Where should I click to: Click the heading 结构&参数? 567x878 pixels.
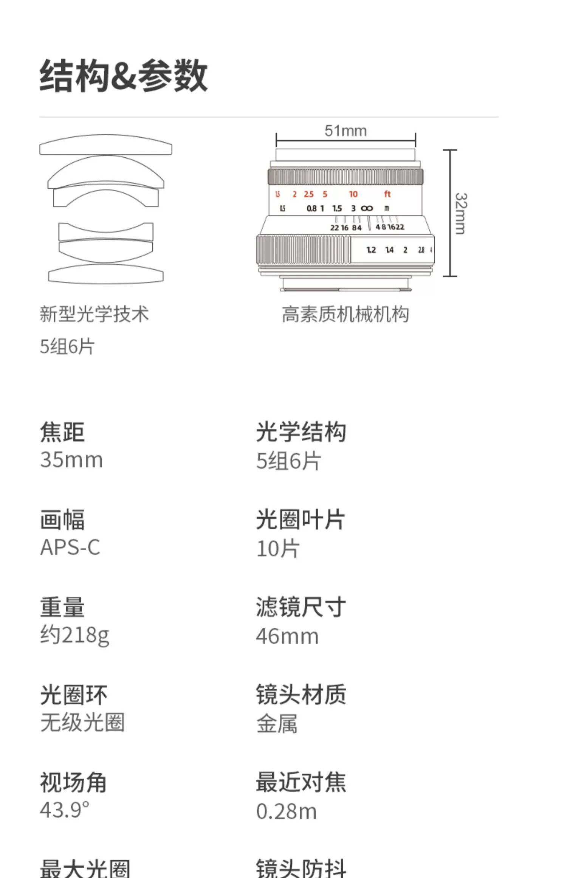point(124,76)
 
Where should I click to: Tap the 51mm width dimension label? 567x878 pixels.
point(345,131)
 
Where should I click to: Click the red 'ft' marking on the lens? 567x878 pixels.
point(387,194)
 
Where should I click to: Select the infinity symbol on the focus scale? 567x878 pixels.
point(367,208)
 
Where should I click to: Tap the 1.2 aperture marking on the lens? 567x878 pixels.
point(371,250)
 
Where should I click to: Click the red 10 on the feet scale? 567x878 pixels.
point(353,194)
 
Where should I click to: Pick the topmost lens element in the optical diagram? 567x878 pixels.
point(106,146)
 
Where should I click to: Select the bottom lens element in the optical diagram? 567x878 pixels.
point(106,274)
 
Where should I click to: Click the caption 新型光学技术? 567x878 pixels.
point(94,314)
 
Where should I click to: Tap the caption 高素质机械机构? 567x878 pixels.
point(345,314)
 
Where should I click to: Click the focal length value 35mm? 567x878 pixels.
point(71,460)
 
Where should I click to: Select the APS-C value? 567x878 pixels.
point(70,547)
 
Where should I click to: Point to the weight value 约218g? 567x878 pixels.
point(75,635)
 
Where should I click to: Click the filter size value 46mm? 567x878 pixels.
point(287,636)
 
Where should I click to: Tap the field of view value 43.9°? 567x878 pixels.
point(65,810)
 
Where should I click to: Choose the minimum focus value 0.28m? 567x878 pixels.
point(287,811)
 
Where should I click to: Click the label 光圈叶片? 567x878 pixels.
point(301,520)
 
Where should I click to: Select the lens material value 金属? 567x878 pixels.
point(277,724)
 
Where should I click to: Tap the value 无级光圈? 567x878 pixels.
point(82,722)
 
